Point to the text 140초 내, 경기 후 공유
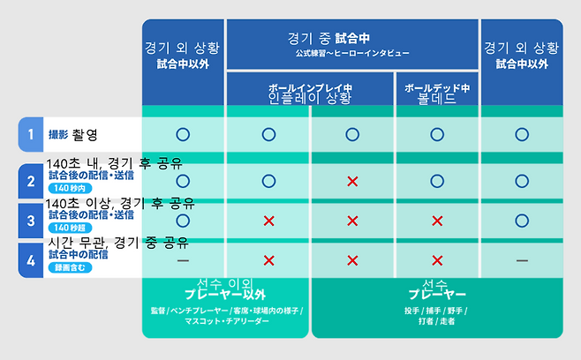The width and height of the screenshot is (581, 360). pyautogui.click(x=114, y=162)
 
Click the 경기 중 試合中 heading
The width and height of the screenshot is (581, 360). pyautogui.click(x=351, y=39)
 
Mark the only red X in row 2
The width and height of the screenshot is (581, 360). pyautogui.click(x=352, y=181)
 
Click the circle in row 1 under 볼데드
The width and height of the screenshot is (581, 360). pyautogui.click(x=437, y=134)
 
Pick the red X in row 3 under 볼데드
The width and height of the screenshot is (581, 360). pyautogui.click(x=437, y=221)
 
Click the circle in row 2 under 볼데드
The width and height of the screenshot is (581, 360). pyautogui.click(x=437, y=181)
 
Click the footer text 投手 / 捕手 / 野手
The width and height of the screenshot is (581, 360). pyautogui.click(x=437, y=311)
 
